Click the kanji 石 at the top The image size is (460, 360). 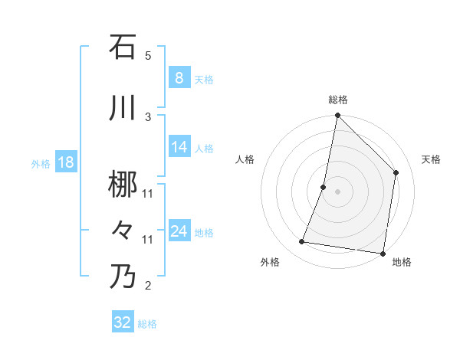pos(123,47)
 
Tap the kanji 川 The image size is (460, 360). pos(123,109)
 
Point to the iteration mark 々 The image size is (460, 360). pos(123,230)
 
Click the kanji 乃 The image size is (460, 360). pos(123,276)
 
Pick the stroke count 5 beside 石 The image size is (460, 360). pos(148,56)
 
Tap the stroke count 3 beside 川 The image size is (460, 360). pos(148,116)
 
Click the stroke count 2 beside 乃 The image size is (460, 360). pos(148,286)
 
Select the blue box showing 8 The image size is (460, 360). pos(179,78)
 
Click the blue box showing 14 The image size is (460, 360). pos(179,147)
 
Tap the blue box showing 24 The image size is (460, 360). pos(179,231)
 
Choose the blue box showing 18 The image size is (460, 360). pos(65,162)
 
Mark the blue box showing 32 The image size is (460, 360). pos(122,322)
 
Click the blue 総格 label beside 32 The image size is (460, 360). pos(147,324)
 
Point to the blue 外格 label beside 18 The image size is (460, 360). pos(41,163)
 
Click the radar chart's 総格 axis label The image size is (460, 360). pos(338,100)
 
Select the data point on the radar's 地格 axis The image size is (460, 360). pos(383,253)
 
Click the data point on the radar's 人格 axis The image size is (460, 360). pos(324,187)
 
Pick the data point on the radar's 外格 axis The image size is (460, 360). pos(302,242)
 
